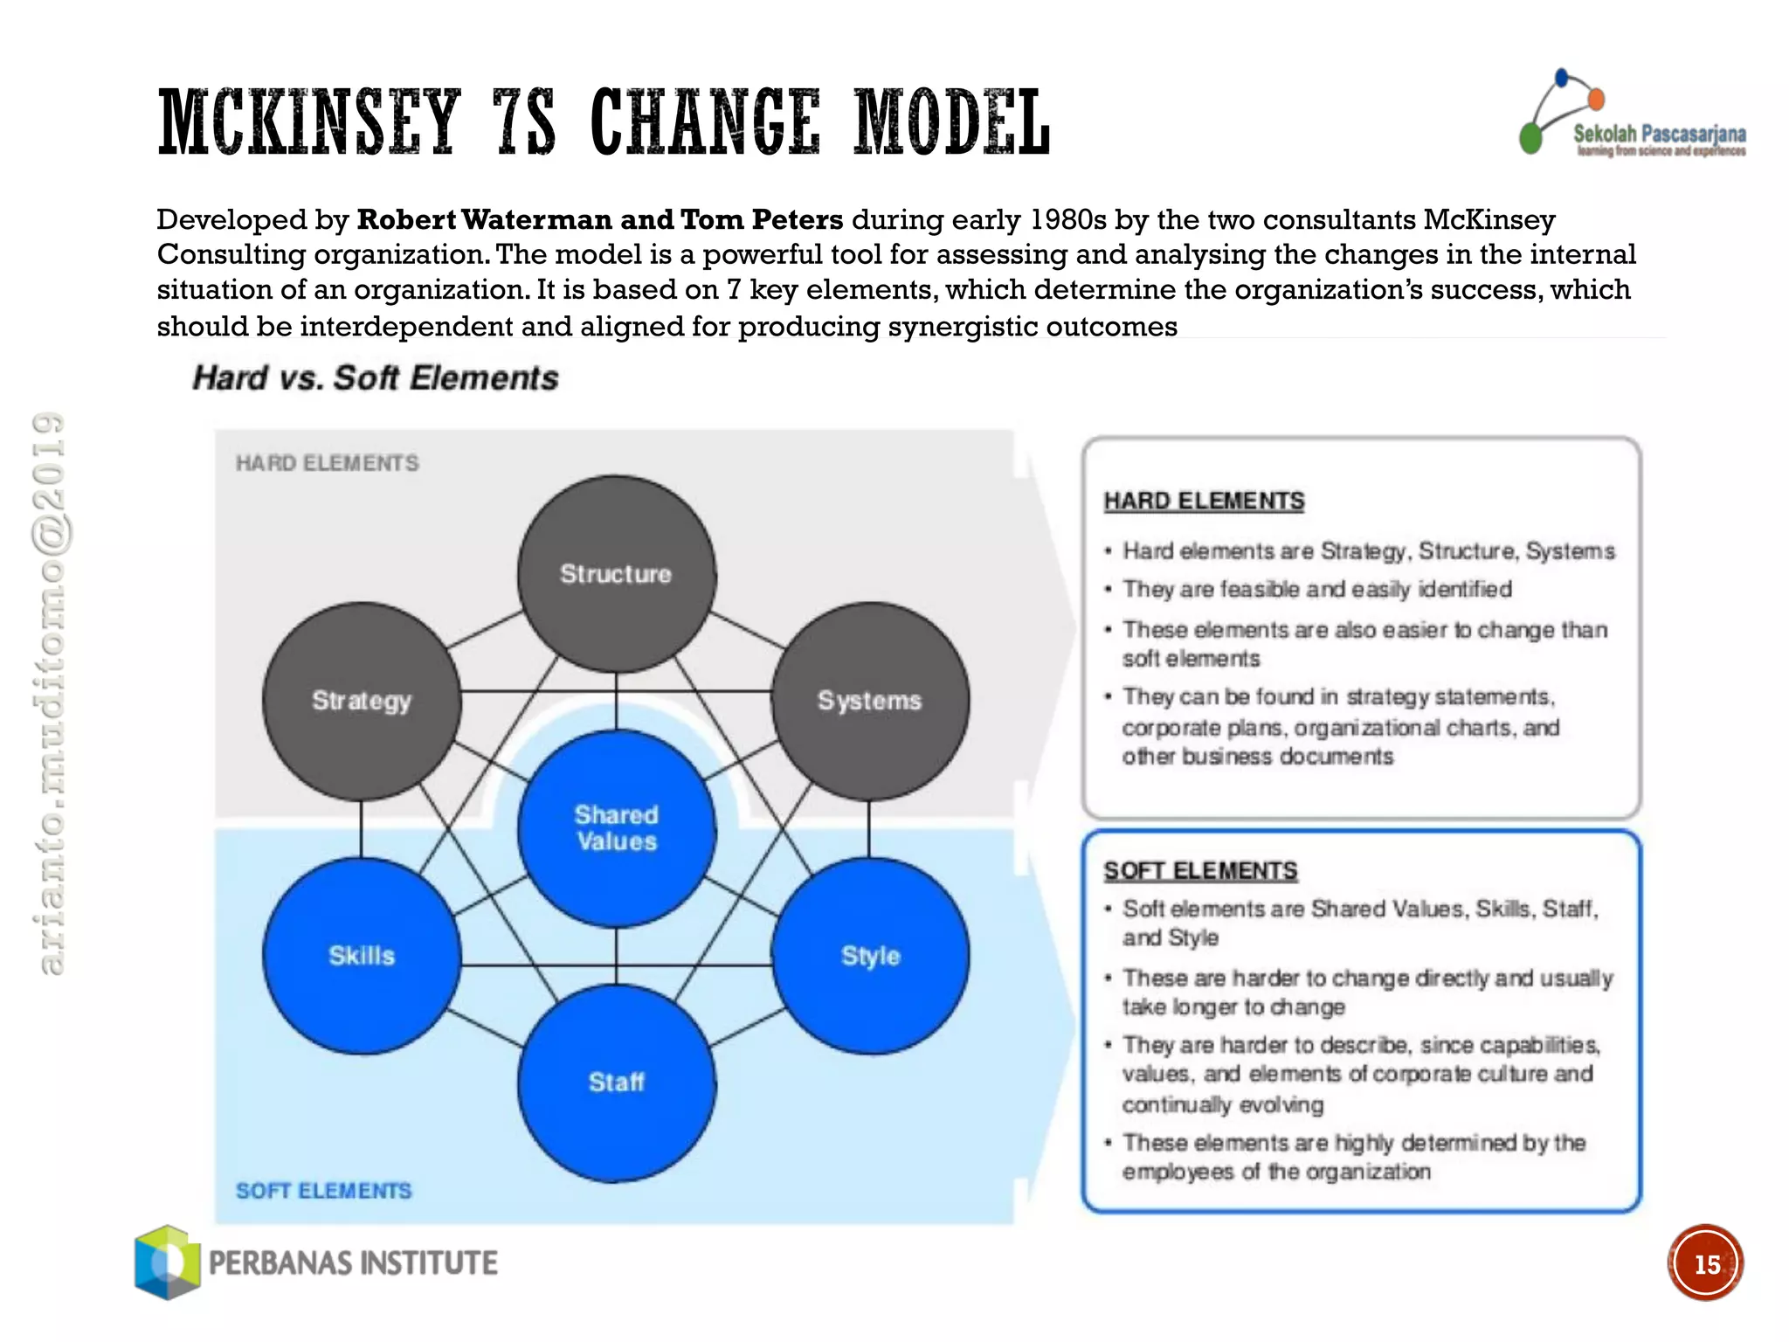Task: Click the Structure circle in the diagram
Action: click(617, 574)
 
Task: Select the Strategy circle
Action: click(362, 701)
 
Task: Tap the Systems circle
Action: click(870, 701)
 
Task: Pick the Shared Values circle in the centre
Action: click(617, 828)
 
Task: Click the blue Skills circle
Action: click(362, 956)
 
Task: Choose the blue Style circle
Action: click(870, 956)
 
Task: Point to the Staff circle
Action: click(617, 1083)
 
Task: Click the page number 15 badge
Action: click(1705, 1263)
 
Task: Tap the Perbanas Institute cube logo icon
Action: click(166, 1262)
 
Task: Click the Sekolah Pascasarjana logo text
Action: click(1659, 135)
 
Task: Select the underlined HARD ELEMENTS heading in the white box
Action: click(1204, 502)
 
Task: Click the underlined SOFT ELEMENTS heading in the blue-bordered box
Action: click(1200, 871)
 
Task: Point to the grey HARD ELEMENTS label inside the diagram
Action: click(328, 463)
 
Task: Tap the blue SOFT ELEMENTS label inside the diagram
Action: click(323, 1191)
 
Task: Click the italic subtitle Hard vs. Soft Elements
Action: click(376, 378)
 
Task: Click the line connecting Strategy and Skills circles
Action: click(362, 828)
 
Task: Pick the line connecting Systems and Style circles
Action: click(869, 828)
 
